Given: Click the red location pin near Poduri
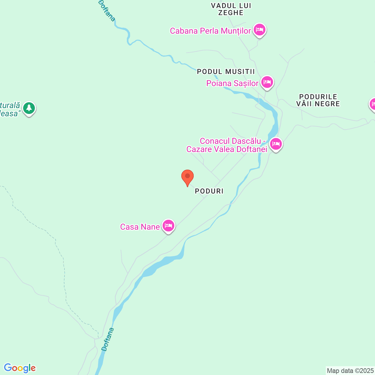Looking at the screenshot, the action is [187, 177].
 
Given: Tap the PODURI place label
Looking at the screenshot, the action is [209, 191].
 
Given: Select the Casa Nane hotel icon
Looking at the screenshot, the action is [168, 226].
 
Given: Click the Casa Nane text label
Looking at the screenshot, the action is [140, 227].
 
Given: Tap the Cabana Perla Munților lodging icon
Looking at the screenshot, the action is [259, 30].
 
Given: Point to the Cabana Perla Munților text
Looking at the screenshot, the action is [210, 31].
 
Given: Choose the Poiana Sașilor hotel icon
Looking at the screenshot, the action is [267, 82].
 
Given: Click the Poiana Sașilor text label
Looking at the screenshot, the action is [232, 83].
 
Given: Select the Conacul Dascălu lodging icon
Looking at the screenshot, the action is [276, 144].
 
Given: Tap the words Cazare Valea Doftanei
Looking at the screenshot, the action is [227, 149].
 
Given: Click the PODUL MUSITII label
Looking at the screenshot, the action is [226, 71].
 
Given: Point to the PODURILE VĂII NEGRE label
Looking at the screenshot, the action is [318, 100].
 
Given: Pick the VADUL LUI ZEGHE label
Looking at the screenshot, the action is [231, 9].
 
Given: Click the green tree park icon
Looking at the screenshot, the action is [29, 108].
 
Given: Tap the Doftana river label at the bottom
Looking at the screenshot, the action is [108, 339].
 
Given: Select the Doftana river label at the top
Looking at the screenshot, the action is [107, 11].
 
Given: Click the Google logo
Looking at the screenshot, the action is [20, 368].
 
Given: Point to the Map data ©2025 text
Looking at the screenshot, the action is [350, 371].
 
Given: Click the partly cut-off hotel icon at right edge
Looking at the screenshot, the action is [372, 104].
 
